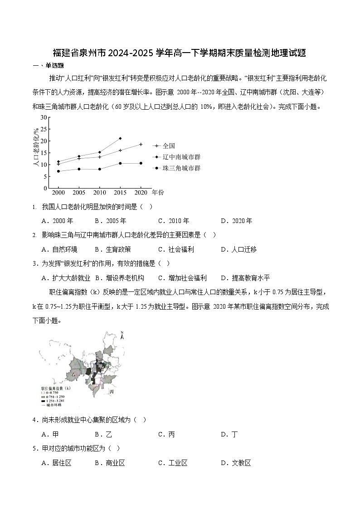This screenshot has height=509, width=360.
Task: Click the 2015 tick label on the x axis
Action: point(120,193)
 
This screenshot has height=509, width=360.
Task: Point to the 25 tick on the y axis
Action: point(44,129)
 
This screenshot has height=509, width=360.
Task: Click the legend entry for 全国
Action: point(168,146)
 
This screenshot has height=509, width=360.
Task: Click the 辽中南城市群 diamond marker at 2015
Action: point(120,138)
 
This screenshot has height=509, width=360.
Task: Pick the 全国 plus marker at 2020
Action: point(141,144)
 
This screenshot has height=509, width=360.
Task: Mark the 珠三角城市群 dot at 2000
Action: point(58,171)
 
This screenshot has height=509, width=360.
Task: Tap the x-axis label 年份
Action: point(158,193)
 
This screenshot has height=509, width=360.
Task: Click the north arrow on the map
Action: point(122,336)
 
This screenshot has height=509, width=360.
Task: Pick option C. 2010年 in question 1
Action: point(173,221)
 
